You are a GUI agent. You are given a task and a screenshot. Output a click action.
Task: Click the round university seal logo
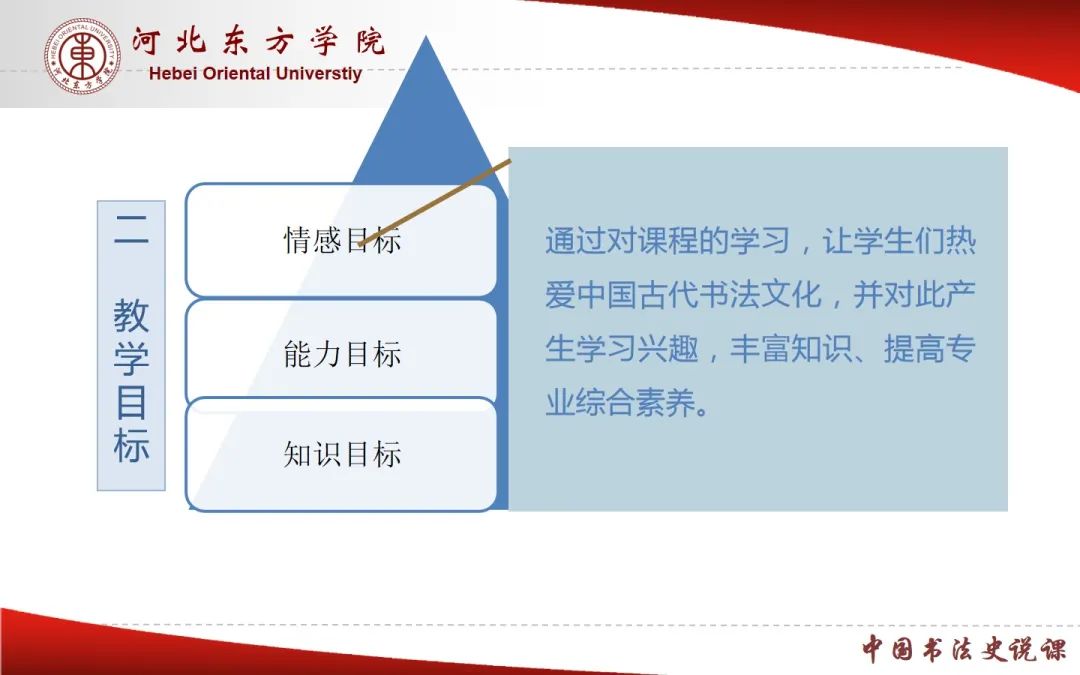point(83,56)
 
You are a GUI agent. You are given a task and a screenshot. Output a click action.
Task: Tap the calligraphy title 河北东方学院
point(258,41)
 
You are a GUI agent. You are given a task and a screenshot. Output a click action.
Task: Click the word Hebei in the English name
point(173,73)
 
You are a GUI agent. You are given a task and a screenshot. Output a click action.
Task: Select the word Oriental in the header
point(237,73)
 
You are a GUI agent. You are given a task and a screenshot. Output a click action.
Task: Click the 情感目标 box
point(342,240)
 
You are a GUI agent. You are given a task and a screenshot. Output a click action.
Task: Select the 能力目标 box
point(342,353)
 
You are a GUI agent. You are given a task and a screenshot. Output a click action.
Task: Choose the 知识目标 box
point(342,455)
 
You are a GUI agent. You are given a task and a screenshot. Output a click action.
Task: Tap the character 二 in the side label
point(131,229)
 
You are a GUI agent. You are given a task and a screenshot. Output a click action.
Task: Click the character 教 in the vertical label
point(131,315)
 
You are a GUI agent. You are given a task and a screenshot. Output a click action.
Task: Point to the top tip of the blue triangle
point(426,36)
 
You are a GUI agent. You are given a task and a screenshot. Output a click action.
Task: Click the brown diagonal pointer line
point(435,202)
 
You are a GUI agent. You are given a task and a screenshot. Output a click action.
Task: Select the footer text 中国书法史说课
point(964,649)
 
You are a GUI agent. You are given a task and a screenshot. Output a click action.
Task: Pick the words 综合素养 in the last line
point(636,402)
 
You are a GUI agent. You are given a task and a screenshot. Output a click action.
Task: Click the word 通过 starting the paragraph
point(576,241)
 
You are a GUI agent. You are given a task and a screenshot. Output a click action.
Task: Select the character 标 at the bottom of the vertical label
point(131,446)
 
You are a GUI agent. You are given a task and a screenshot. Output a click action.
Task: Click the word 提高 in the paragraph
point(915,349)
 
